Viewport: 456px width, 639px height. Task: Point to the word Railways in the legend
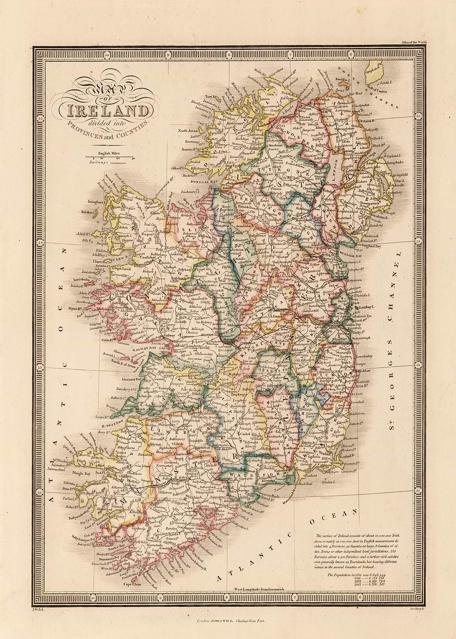pos(101,162)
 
